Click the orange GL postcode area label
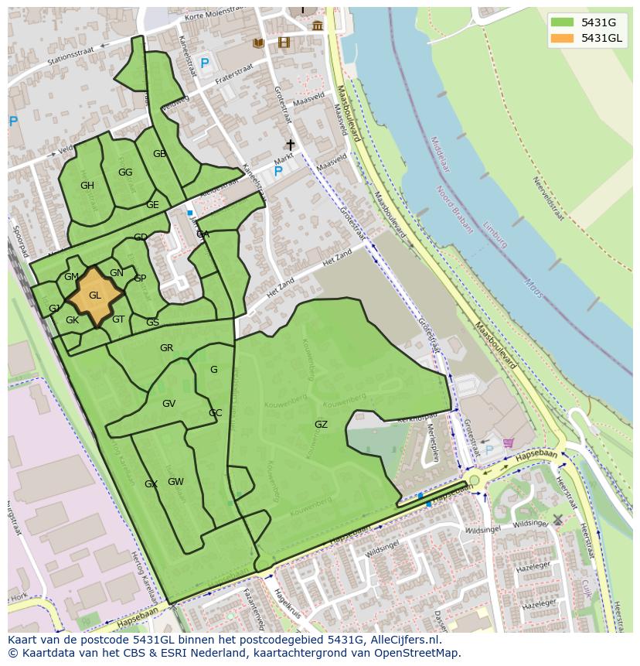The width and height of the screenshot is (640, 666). click(95, 295)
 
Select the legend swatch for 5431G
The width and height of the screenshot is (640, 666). click(563, 22)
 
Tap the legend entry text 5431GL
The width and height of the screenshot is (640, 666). click(601, 38)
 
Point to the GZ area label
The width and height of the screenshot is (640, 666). click(321, 425)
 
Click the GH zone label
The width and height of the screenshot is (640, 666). click(87, 186)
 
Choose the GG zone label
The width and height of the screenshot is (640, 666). click(125, 172)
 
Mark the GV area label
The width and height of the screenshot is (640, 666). click(169, 404)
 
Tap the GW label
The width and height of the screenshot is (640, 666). click(175, 482)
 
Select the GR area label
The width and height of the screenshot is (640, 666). click(166, 348)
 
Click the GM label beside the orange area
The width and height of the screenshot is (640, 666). click(71, 277)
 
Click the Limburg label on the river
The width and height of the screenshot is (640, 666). click(494, 231)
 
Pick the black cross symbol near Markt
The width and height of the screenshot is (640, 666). click(291, 145)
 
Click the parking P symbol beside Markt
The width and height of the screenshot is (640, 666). click(278, 172)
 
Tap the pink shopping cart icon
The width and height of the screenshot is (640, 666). click(508, 443)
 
